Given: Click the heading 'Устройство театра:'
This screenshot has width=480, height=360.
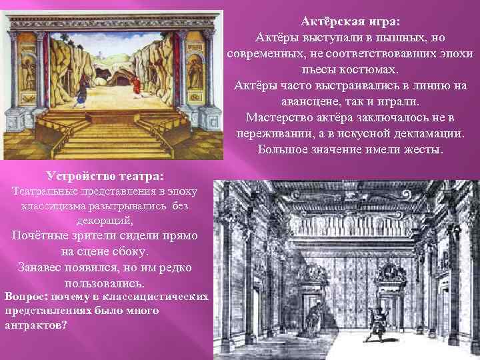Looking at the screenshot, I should tap(105, 176).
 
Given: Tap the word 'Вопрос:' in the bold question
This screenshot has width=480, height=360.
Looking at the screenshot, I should tap(26, 296).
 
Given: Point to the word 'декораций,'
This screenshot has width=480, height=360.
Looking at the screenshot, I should tap(105, 221).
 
